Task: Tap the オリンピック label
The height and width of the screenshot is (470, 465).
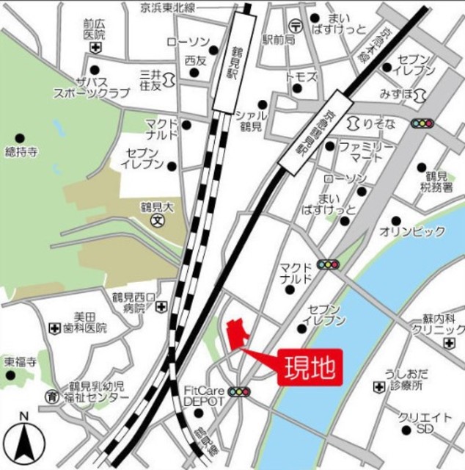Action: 412,232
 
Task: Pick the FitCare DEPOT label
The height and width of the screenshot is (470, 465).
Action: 202,397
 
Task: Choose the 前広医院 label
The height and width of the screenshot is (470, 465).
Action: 95,29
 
